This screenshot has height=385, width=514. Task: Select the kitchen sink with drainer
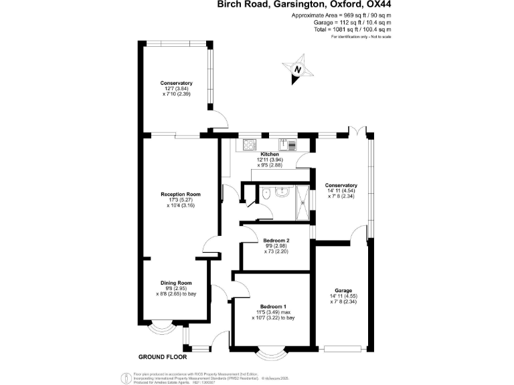pyautogui.click(x=288, y=144)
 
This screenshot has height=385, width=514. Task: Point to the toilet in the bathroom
pyautogui.click(x=266, y=194)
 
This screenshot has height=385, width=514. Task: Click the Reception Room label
pyautogui.click(x=180, y=195)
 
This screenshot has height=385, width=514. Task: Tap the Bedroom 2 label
pyautogui.click(x=276, y=239)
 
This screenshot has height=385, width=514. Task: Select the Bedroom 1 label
pyautogui.click(x=272, y=306)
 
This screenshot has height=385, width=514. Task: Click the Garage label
pyautogui.click(x=343, y=291)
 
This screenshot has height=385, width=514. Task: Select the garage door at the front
pyautogui.click(x=343, y=348)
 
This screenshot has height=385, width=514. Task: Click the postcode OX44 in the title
pyautogui.click(x=373, y=5)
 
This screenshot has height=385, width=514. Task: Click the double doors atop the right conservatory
pyautogui.click(x=359, y=130)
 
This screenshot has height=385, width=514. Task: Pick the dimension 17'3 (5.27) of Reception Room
pyautogui.click(x=180, y=201)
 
